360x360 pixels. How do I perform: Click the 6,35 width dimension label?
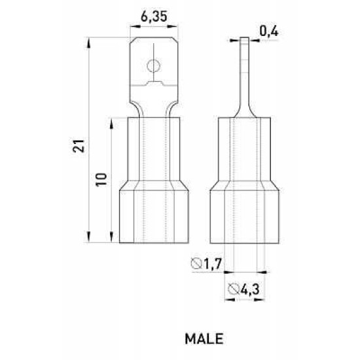pyautogui.click(x=154, y=17)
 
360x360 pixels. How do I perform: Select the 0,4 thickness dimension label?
pyautogui.click(x=269, y=31)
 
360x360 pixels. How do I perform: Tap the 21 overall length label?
pyautogui.click(x=79, y=145)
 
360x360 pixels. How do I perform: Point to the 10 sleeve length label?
pyautogui.click(x=101, y=179)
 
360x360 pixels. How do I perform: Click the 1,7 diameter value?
pyautogui.click(x=212, y=264)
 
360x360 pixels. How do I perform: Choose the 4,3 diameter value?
pyautogui.click(x=250, y=289)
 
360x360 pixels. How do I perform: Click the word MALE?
pyautogui.click(x=204, y=338)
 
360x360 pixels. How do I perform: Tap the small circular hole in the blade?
pyautogui.click(x=154, y=66)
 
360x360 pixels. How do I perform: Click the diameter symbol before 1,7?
pyautogui.click(x=196, y=264)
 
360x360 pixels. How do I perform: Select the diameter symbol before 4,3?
pyautogui.click(x=233, y=289)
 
